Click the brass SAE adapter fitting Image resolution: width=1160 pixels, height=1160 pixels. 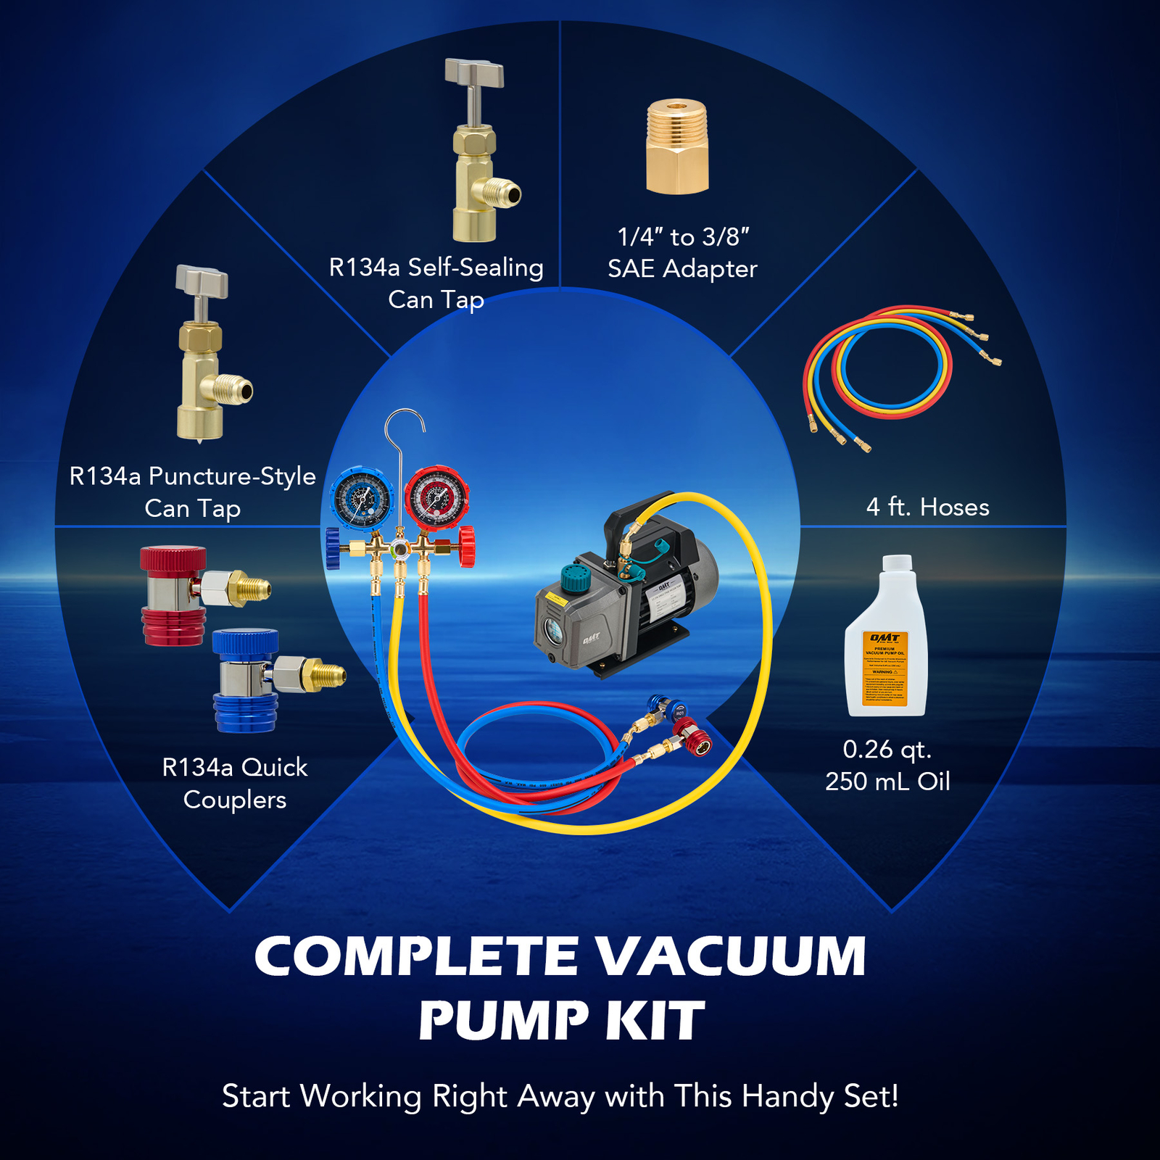[676, 148]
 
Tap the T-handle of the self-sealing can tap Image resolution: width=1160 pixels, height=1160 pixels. [474, 72]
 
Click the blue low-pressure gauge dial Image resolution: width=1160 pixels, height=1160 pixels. [362, 499]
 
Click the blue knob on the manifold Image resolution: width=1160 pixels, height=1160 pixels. [333, 548]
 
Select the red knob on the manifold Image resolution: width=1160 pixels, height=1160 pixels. [467, 547]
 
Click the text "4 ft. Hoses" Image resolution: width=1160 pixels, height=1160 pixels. [927, 507]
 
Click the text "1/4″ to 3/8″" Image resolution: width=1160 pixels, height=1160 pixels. [683, 237]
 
